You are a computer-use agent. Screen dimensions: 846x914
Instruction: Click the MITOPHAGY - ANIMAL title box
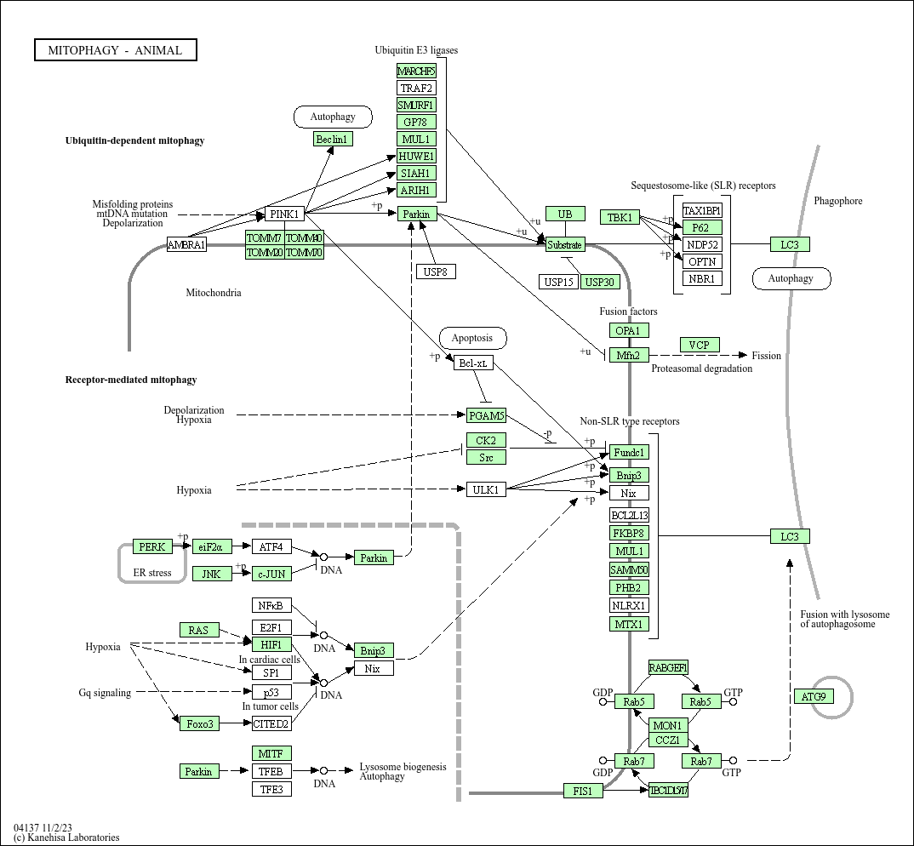pyautogui.click(x=115, y=50)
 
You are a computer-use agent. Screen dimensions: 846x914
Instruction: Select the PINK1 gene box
pyautogui.click(x=284, y=214)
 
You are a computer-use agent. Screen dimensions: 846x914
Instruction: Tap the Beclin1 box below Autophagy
pyautogui.click(x=333, y=139)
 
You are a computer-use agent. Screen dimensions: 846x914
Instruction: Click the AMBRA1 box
pyautogui.click(x=186, y=245)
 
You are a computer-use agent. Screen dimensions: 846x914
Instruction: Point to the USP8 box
pyautogui.click(x=437, y=272)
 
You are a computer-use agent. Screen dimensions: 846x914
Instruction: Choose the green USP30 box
pyautogui.click(x=600, y=282)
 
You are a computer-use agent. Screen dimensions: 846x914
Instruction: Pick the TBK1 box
pyautogui.click(x=620, y=217)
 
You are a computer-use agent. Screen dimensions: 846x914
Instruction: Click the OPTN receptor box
pyautogui.click(x=702, y=261)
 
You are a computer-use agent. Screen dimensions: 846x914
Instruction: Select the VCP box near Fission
pyautogui.click(x=700, y=345)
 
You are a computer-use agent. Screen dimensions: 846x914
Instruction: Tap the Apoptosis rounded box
pyautogui.click(x=473, y=338)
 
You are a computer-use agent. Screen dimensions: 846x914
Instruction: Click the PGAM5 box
pyautogui.click(x=486, y=415)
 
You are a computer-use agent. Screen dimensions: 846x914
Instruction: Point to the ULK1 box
pyautogui.click(x=486, y=489)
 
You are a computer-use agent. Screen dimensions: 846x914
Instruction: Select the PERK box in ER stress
pyautogui.click(x=152, y=546)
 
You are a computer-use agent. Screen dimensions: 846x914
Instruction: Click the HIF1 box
pyautogui.click(x=271, y=644)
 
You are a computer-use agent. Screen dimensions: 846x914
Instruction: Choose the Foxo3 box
pyautogui.click(x=199, y=723)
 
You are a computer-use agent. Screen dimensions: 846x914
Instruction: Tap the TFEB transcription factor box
pyautogui.click(x=271, y=771)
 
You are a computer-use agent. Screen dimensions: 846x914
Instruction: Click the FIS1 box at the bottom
pyautogui.click(x=583, y=792)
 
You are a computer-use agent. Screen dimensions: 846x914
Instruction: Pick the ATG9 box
pyautogui.click(x=813, y=696)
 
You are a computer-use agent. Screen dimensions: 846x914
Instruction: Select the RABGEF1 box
pyautogui.click(x=668, y=667)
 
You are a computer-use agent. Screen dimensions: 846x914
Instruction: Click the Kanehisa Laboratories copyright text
pyautogui.click(x=66, y=837)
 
